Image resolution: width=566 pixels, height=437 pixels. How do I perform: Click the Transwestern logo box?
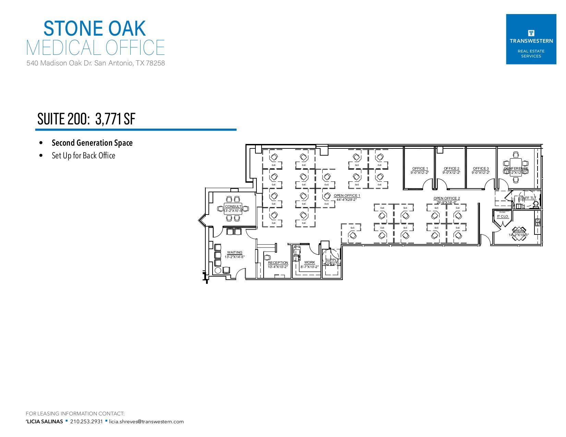(x=531, y=39)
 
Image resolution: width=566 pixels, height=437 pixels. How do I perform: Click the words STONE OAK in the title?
(x=95, y=28)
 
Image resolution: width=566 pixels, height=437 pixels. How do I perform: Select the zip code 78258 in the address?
(x=155, y=63)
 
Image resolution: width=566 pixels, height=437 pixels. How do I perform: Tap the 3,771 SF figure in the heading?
(x=115, y=119)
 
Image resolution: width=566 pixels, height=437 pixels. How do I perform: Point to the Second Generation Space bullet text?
(x=92, y=143)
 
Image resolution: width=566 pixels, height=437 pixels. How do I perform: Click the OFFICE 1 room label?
(x=420, y=169)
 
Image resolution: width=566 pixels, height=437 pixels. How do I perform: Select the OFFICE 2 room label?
(x=451, y=169)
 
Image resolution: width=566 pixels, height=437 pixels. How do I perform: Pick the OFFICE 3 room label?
(x=481, y=169)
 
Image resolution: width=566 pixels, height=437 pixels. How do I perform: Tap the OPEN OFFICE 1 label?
(x=347, y=196)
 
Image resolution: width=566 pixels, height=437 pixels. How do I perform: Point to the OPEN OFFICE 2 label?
(x=446, y=198)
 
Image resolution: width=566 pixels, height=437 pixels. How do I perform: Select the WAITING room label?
(x=234, y=253)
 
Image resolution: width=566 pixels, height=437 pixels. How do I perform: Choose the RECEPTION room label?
(x=278, y=263)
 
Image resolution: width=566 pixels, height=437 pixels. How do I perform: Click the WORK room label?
(x=309, y=263)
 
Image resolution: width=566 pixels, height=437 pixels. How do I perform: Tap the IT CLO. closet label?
(x=503, y=217)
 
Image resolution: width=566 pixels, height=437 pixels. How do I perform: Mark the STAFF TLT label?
(x=527, y=198)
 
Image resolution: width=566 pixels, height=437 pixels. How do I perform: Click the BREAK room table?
(x=519, y=234)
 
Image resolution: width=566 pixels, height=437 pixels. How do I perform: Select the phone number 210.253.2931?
(x=86, y=422)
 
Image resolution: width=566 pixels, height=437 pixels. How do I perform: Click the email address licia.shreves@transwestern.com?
(x=146, y=422)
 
